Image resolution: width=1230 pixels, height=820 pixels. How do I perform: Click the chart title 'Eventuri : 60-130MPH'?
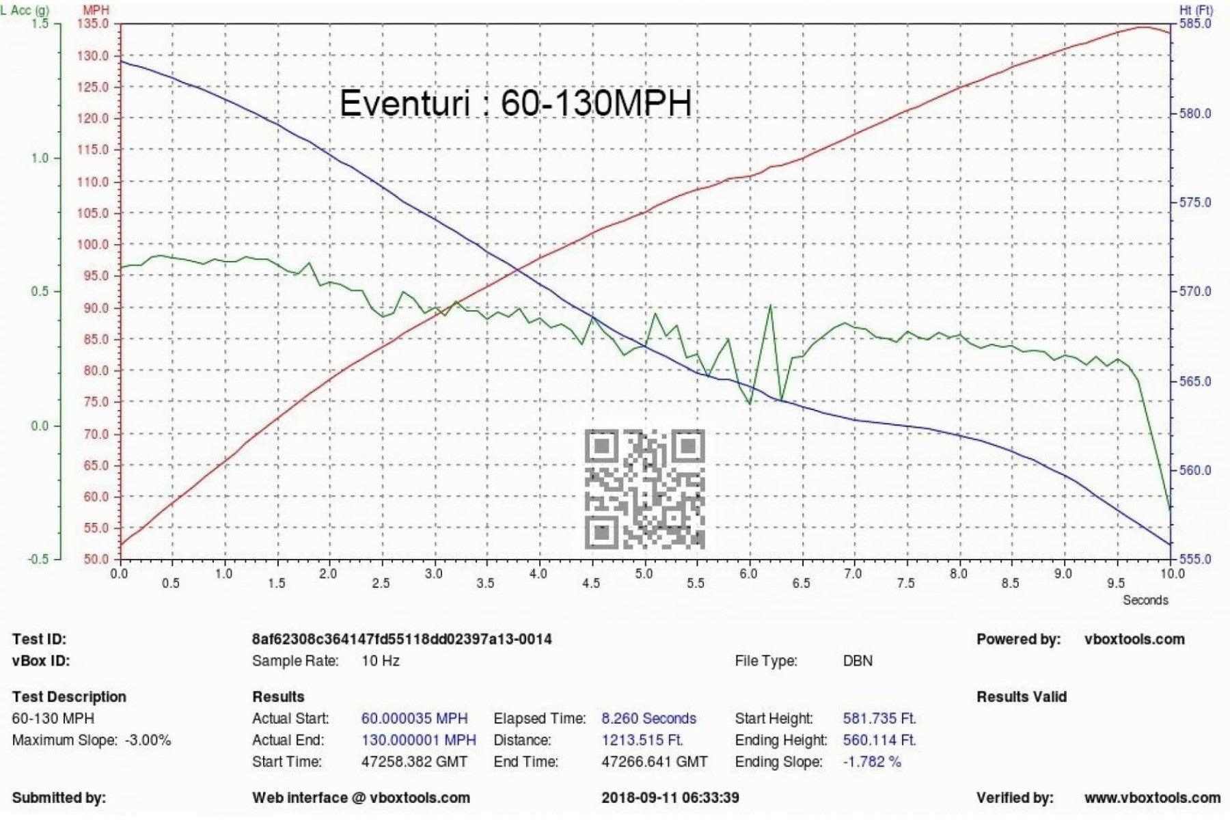click(515, 104)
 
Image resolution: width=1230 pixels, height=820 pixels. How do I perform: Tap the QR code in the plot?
click(644, 489)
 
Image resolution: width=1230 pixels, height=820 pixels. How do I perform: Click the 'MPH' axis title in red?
click(96, 10)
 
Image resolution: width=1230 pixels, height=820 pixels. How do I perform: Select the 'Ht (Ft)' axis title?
click(1195, 10)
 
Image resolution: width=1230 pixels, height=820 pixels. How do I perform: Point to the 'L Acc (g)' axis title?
click(25, 10)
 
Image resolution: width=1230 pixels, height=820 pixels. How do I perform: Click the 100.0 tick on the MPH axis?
click(95, 245)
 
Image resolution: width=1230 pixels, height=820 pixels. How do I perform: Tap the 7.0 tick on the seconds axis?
click(853, 574)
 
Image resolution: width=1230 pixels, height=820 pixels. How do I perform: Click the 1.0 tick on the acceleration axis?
click(40, 158)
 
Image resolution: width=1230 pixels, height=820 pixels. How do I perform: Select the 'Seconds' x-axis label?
click(1145, 600)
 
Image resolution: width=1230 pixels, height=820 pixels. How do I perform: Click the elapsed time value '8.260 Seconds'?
click(648, 718)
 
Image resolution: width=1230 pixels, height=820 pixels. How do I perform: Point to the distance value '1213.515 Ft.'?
click(642, 740)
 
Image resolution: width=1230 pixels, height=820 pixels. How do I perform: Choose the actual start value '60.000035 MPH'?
click(414, 718)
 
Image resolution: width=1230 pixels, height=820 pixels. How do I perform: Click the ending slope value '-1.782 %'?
click(872, 761)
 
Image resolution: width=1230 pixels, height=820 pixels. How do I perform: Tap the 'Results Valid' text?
click(1021, 697)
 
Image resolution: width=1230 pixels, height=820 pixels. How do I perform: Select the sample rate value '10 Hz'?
click(381, 661)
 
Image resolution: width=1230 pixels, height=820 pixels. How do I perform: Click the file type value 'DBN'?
click(858, 661)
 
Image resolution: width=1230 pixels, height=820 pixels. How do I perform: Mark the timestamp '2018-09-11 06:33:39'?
click(670, 797)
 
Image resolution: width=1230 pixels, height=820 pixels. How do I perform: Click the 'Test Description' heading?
click(69, 697)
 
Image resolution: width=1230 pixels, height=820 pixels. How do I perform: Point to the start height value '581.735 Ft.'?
click(879, 718)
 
